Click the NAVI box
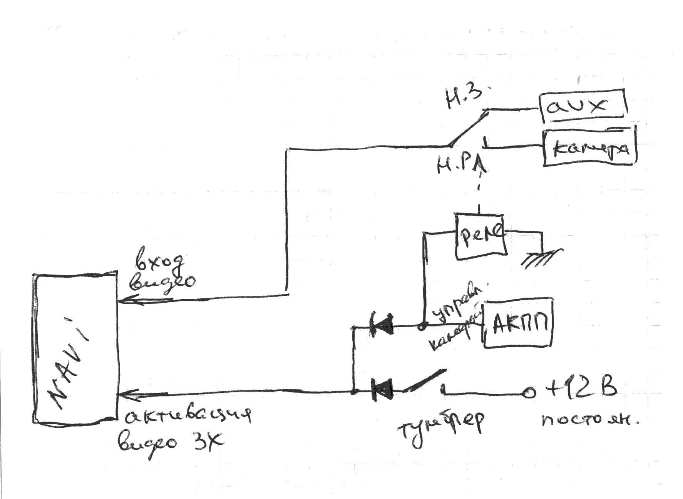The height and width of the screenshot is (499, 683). tap(75, 348)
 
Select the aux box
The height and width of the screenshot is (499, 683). tap(583, 105)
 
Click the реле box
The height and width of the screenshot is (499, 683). tap(480, 235)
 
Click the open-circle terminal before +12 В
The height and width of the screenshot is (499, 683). tap(529, 393)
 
